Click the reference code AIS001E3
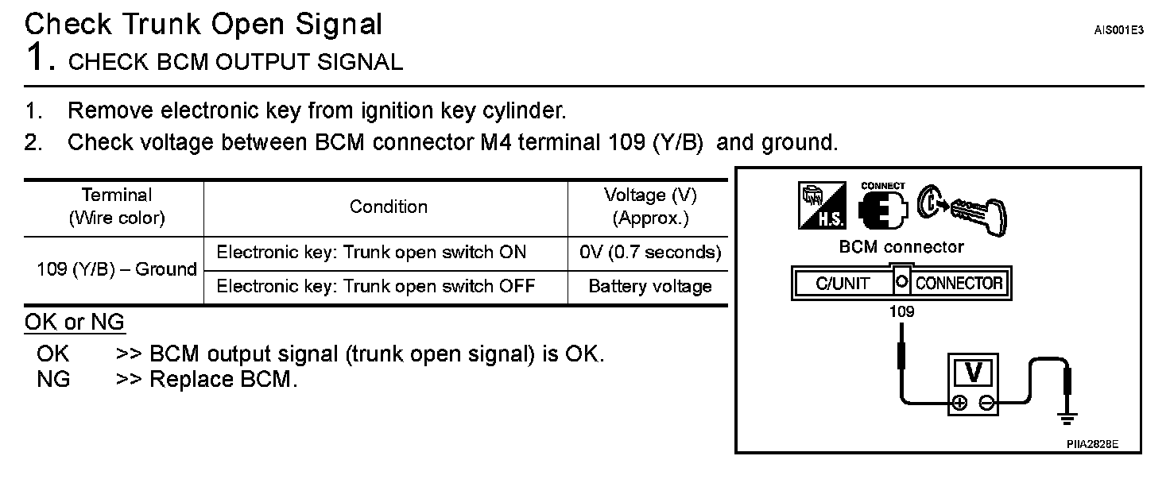tap(1118, 31)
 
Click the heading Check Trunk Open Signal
tap(203, 24)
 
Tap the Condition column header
tap(388, 207)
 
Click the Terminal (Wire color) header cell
tap(116, 207)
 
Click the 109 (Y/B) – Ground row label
tap(116, 269)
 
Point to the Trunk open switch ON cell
tap(371, 253)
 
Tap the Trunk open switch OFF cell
tap(375, 287)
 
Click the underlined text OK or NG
tap(75, 323)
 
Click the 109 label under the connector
tap(901, 312)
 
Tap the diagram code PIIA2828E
tap(1092, 445)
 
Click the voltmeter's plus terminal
tap(959, 402)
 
